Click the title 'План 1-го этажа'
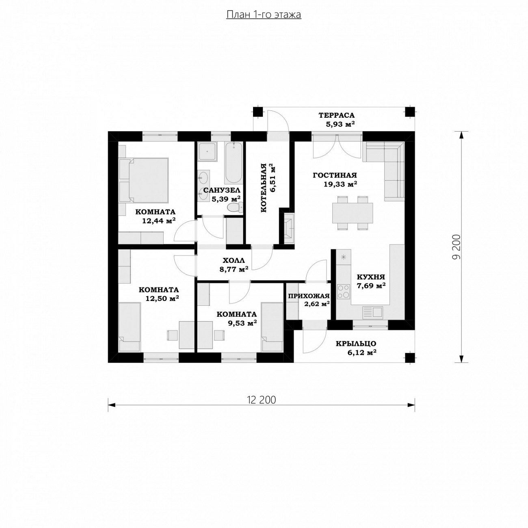[264, 15]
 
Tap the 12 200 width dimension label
[261, 400]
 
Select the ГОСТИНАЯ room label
[335, 175]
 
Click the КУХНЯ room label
[371, 277]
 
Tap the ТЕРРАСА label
[336, 115]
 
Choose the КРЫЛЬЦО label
[356, 344]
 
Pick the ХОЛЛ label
[234, 260]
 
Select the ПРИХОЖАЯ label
[309, 296]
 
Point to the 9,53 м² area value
[242, 323]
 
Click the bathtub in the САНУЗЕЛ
[233, 163]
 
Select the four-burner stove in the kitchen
[343, 291]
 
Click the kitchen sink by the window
[372, 313]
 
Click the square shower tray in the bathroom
[208, 151]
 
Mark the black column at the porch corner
[410, 357]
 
